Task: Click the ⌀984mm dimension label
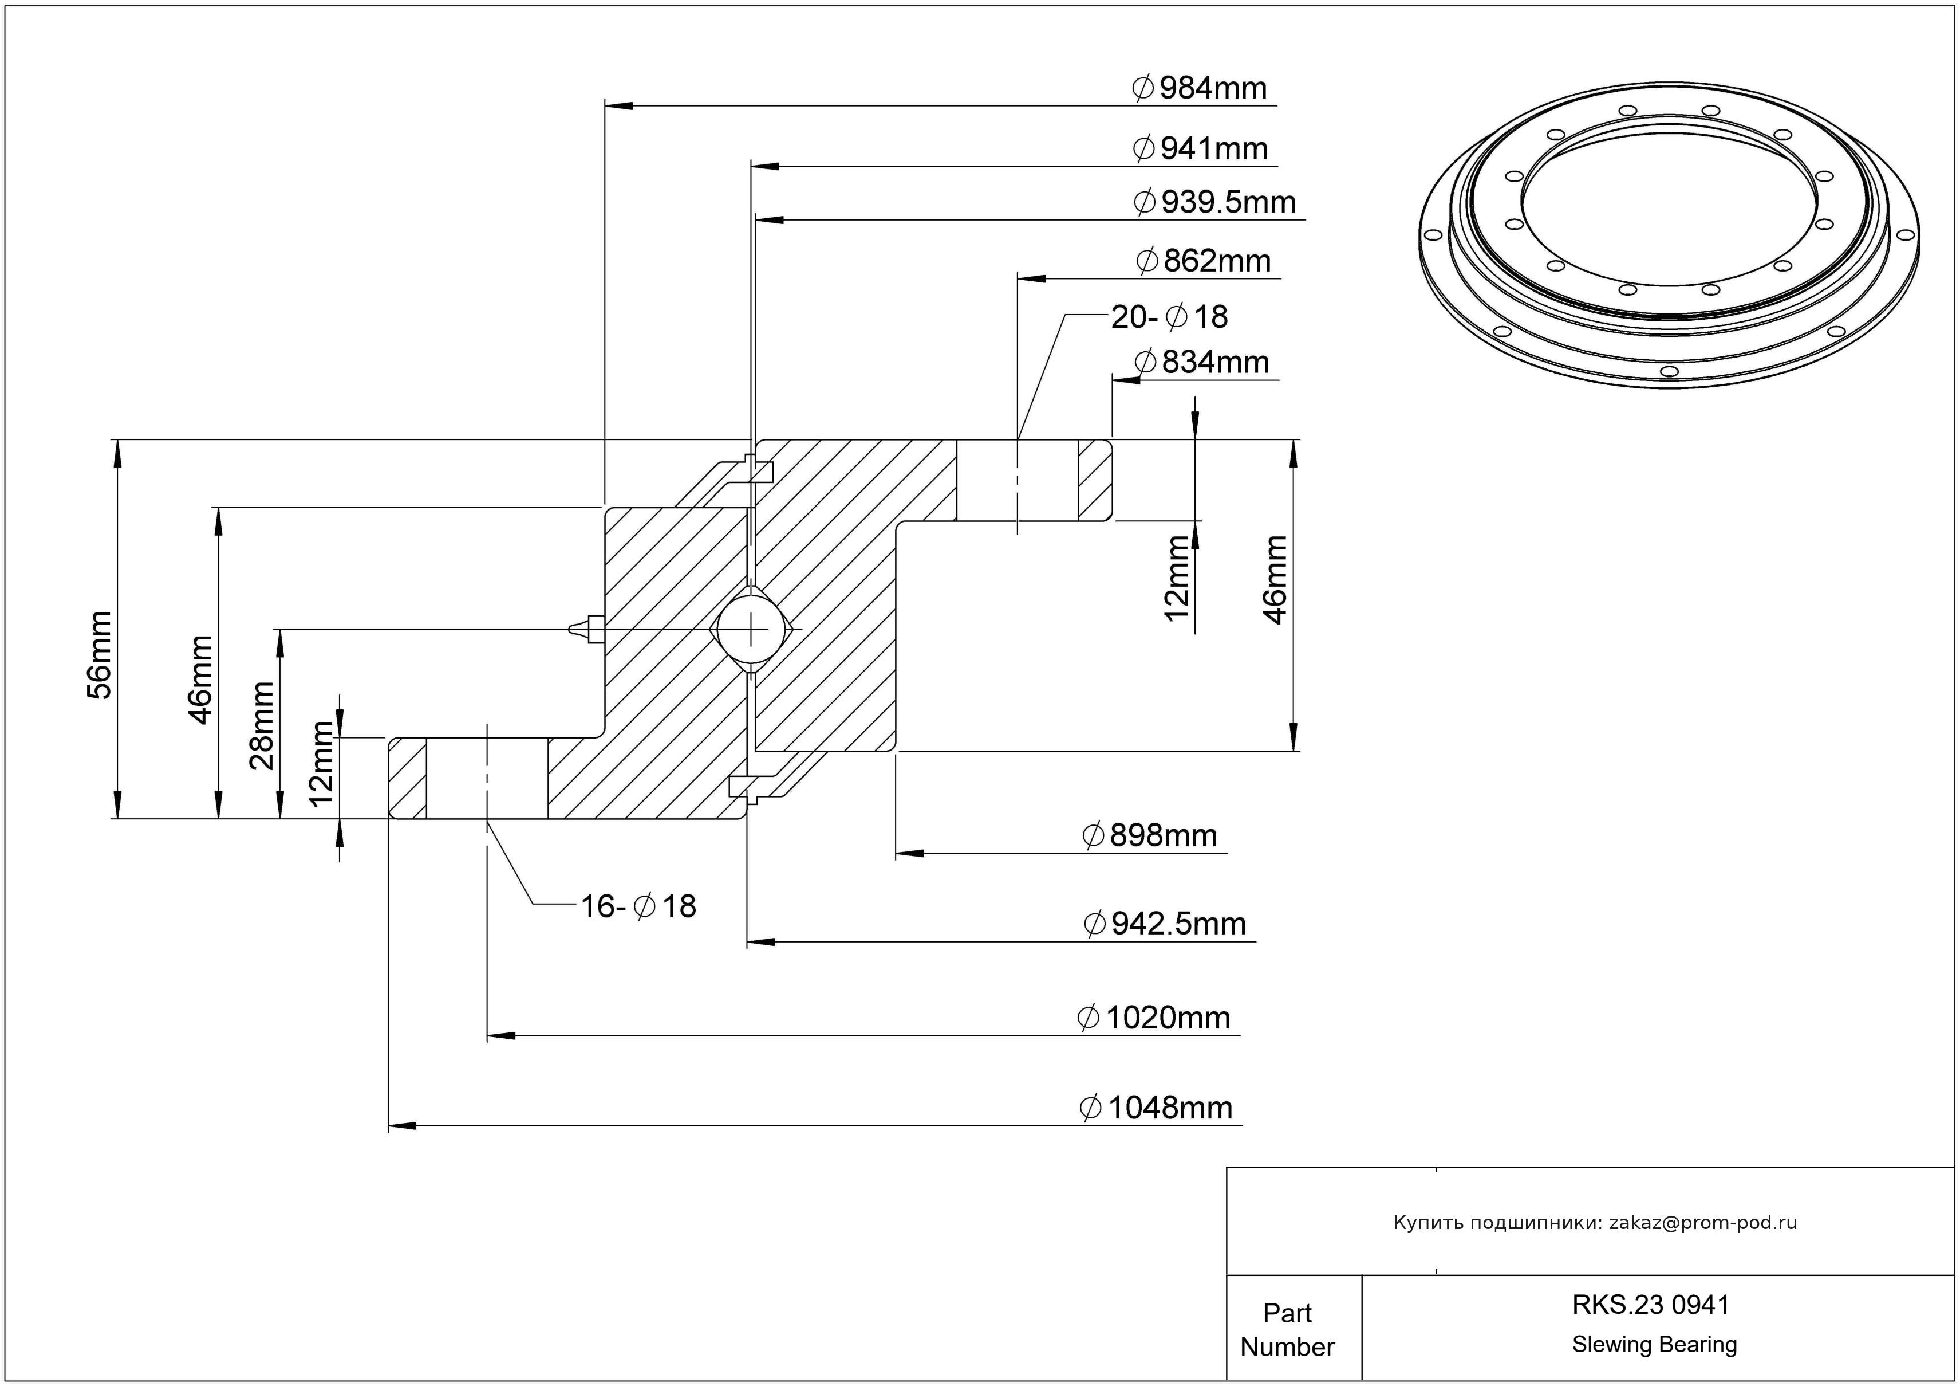(x=1200, y=89)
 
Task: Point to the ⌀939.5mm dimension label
(x=1214, y=202)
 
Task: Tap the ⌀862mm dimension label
(x=1204, y=261)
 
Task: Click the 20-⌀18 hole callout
(x=1169, y=317)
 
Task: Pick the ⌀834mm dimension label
(x=1202, y=363)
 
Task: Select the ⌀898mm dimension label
(x=1149, y=836)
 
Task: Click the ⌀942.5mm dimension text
(x=1165, y=924)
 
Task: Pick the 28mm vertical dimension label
(x=261, y=726)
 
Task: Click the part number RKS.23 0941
(x=1650, y=1305)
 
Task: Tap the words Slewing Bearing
(x=1654, y=1345)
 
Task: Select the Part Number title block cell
(x=1287, y=1330)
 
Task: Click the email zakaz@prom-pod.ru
(x=1702, y=1223)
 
